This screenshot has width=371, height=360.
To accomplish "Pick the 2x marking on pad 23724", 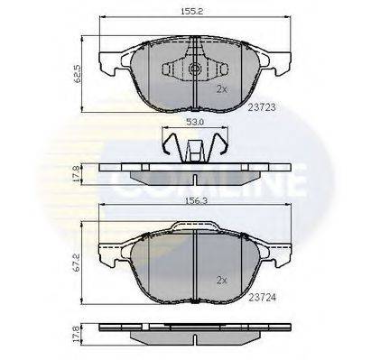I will (x=223, y=281).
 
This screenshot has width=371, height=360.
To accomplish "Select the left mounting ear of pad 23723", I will (x=107, y=63).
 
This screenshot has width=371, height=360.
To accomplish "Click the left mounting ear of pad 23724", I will (x=107, y=254).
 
